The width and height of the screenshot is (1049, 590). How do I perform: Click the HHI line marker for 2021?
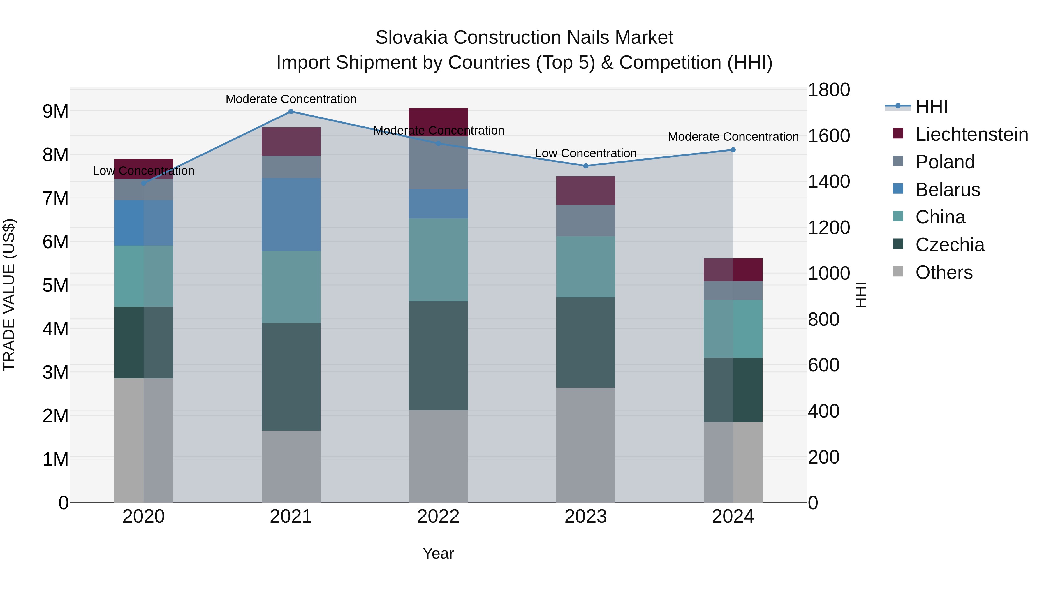pyautogui.click(x=291, y=111)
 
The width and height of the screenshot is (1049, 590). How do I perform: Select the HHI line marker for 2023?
pyautogui.click(x=586, y=166)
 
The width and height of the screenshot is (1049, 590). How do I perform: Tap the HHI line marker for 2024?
pyautogui.click(x=733, y=150)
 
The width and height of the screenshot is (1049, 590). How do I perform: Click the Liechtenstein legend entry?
pyautogui.click(x=971, y=134)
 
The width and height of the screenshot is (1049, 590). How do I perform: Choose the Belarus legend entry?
pyautogui.click(x=947, y=190)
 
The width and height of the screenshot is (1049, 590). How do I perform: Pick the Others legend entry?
pyautogui.click(x=944, y=272)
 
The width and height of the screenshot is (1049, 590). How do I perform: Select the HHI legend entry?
pyautogui.click(x=931, y=107)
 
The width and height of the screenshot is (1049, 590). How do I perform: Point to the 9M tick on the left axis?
pyautogui.click(x=55, y=111)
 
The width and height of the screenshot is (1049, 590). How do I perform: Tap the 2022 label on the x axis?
pyautogui.click(x=438, y=517)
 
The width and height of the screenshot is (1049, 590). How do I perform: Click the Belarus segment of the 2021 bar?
pyautogui.click(x=291, y=214)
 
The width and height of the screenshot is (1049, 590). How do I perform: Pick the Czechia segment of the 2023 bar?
pyautogui.click(x=586, y=342)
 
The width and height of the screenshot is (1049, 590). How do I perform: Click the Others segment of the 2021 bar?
pyautogui.click(x=291, y=466)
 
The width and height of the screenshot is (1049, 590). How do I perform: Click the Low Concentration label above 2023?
pyautogui.click(x=586, y=154)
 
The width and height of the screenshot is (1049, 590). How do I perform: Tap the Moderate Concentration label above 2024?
pyautogui.click(x=733, y=137)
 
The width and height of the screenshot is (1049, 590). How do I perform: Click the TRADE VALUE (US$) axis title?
pyautogui.click(x=9, y=295)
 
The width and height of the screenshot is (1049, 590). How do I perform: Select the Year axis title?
pyautogui.click(x=438, y=553)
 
